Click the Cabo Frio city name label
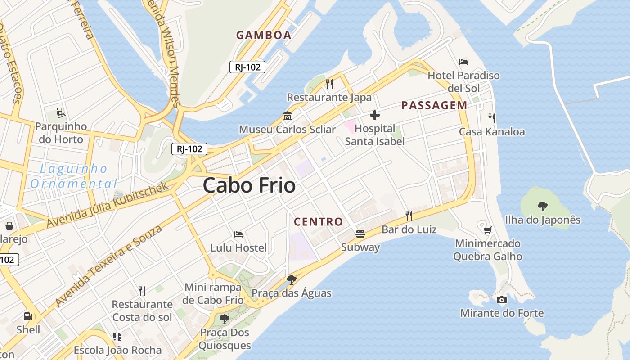[249, 185]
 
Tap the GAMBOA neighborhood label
[264, 35]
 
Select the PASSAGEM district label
[434, 105]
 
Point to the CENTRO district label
[318, 221]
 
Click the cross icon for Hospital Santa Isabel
[374, 116]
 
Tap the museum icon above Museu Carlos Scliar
[287, 116]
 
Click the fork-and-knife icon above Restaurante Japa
[329, 84]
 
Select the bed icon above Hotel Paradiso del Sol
[463, 62]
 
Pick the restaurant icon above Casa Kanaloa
[492, 118]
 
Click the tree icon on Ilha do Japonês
[542, 207]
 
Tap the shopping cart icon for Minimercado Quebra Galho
[487, 230]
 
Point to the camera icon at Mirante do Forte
[502, 300]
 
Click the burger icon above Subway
[360, 234]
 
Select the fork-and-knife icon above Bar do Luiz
[409, 216]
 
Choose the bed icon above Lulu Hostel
[238, 234]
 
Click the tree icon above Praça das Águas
[291, 279]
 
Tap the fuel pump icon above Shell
[28, 316]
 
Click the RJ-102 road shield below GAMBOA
[247, 67]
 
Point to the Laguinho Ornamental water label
[73, 176]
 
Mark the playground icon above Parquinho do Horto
[61, 112]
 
